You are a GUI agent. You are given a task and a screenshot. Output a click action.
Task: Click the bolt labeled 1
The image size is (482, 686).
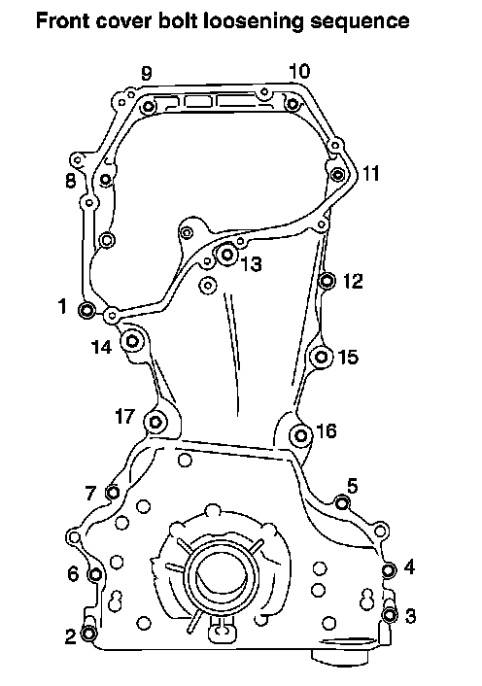point(86,310)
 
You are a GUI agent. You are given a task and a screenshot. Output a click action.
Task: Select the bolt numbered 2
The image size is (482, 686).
point(89,634)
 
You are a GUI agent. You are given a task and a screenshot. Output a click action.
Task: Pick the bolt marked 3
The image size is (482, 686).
point(390,615)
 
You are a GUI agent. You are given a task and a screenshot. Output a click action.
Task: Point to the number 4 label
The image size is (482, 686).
point(408,567)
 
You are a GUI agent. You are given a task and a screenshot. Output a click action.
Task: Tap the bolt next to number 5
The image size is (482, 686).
point(342,503)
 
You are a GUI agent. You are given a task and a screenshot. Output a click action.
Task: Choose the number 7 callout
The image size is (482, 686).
point(90,493)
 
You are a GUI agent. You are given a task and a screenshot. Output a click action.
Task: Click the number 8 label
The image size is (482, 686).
point(70,181)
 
